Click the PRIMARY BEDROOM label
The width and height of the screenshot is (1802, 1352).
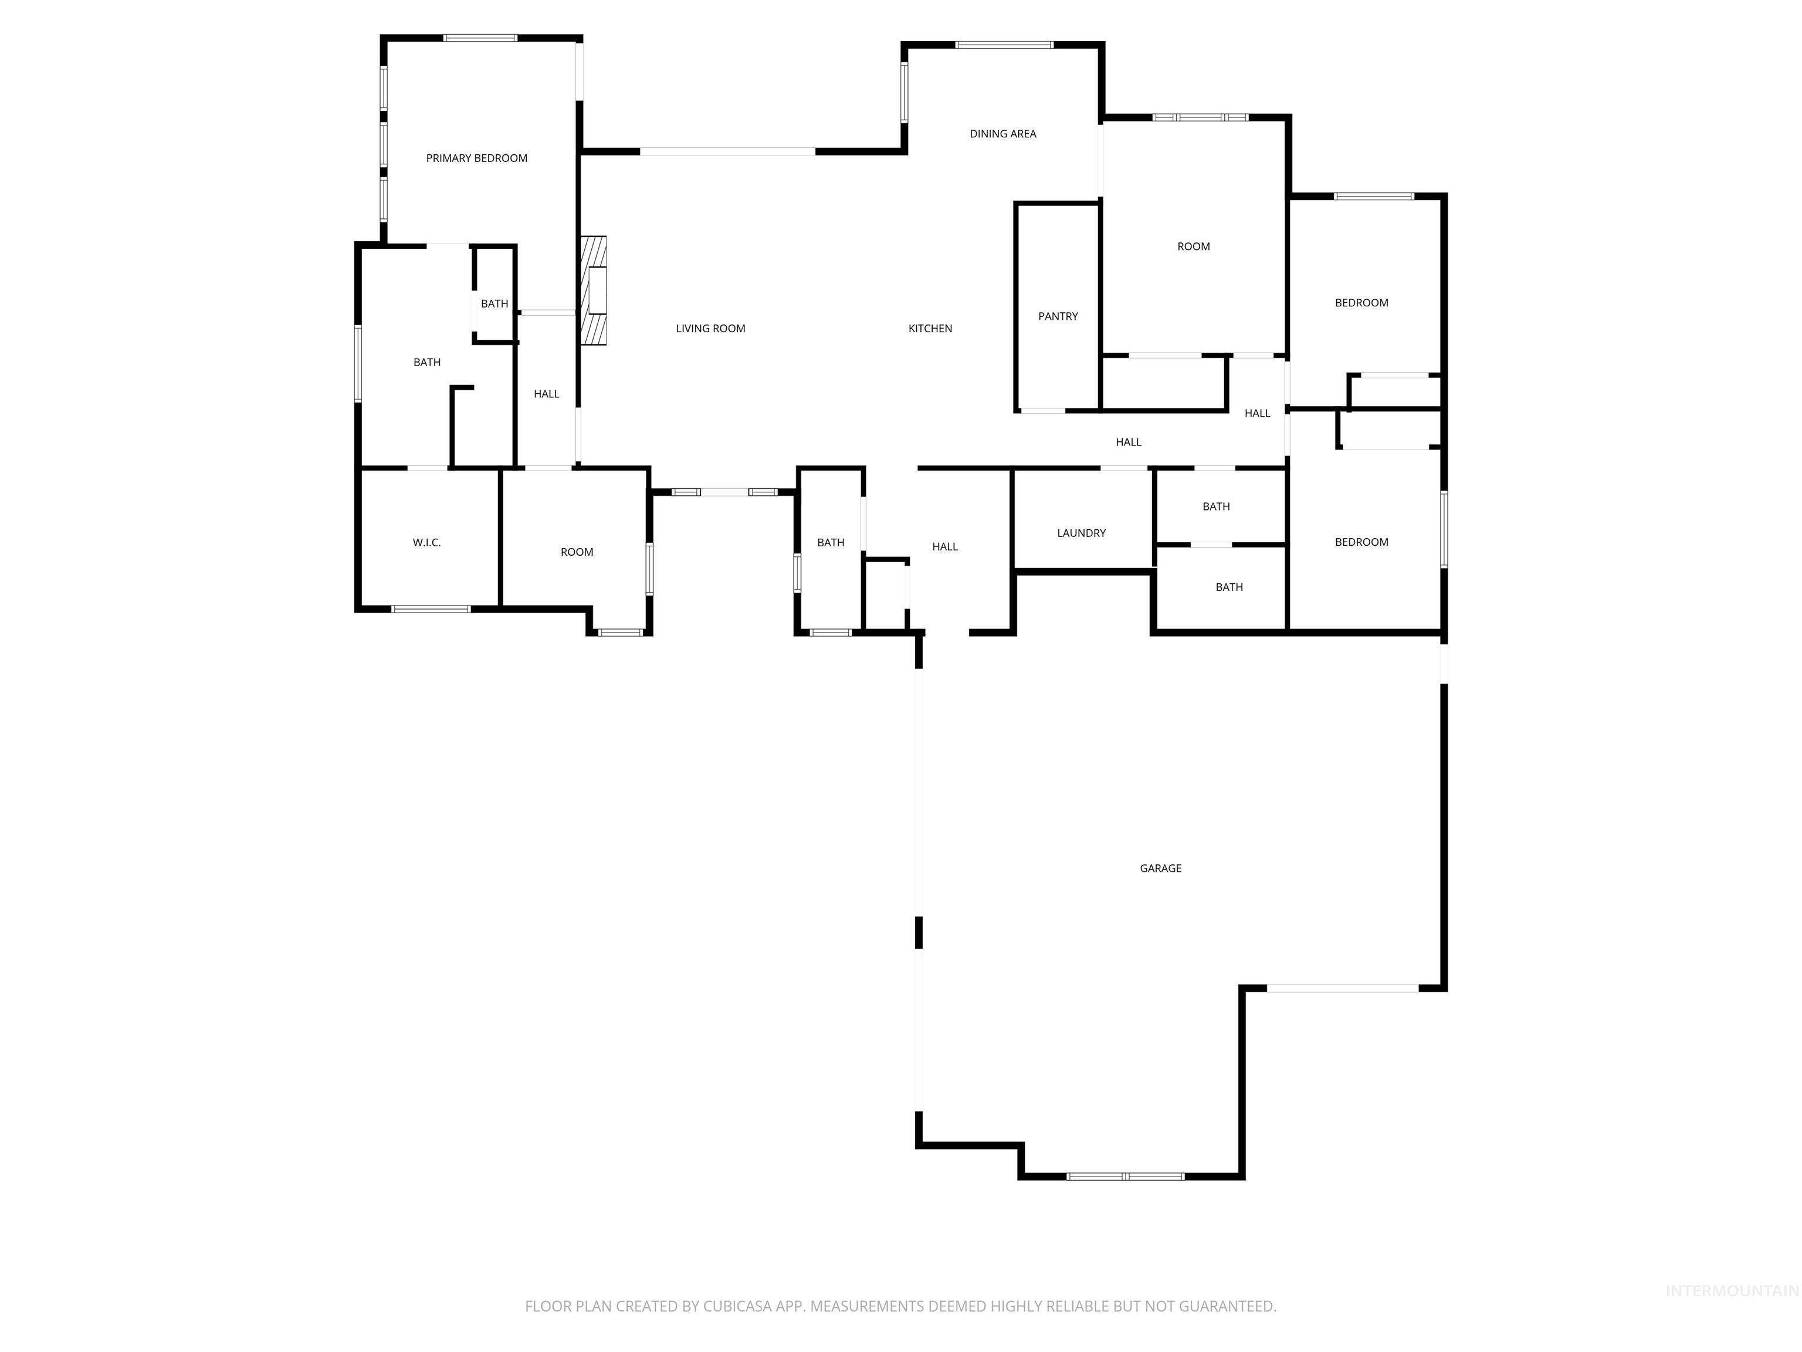(x=476, y=158)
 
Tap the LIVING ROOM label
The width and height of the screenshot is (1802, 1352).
(x=710, y=329)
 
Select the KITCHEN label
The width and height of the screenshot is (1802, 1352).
(x=930, y=329)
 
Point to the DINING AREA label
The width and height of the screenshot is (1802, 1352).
(x=1003, y=134)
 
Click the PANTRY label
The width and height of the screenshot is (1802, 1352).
(x=1058, y=316)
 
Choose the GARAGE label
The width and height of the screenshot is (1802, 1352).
(x=1161, y=868)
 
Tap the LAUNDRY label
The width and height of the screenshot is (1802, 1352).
(x=1082, y=533)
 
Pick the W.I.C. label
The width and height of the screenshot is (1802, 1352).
(x=427, y=543)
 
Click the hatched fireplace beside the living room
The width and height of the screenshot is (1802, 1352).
(x=593, y=290)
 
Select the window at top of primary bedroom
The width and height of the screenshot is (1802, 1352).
(x=480, y=38)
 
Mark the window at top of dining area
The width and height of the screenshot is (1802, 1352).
(x=1004, y=45)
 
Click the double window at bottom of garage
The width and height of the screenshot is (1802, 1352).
(x=1125, y=1177)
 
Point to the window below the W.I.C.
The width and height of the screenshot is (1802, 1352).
(x=431, y=609)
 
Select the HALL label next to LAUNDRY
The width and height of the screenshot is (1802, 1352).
(x=945, y=547)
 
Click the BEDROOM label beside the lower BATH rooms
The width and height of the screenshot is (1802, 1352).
(x=1361, y=542)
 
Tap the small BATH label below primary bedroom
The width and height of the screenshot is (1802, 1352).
(x=494, y=304)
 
